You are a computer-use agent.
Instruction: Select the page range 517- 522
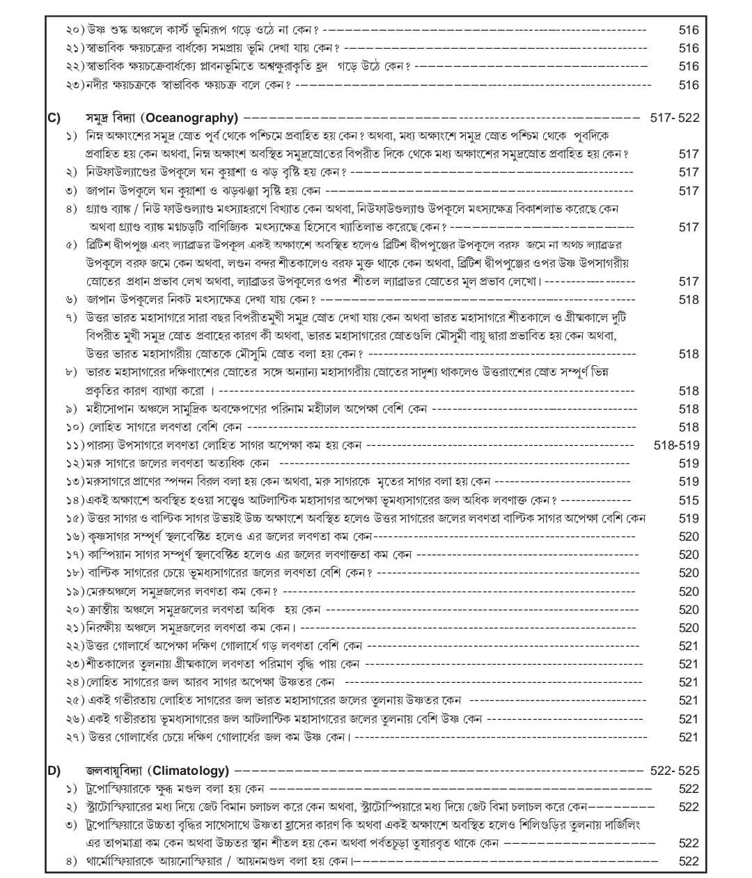pyautogui.click(x=674, y=118)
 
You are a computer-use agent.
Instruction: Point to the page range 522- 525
pyautogui.click(x=674, y=771)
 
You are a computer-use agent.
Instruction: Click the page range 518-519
pyautogui.click(x=676, y=445)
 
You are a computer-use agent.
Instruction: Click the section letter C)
pyautogui.click(x=54, y=118)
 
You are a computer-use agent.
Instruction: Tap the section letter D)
pyautogui.click(x=54, y=771)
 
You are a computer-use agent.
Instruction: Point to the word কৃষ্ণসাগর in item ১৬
pyautogui.click(x=111, y=537)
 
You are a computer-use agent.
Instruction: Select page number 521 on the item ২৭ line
pyautogui.click(x=688, y=737)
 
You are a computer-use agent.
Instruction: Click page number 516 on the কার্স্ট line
pyautogui.click(x=688, y=30)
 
